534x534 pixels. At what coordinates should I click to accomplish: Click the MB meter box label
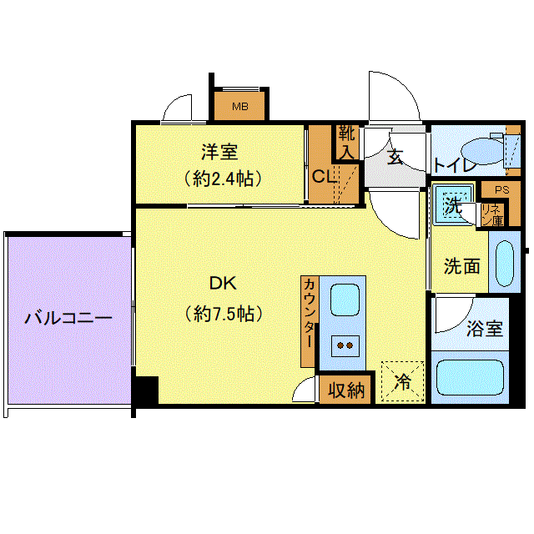click(x=240, y=107)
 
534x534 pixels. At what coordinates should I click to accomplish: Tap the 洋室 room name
click(x=219, y=152)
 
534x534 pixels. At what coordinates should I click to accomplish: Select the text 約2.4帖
click(x=223, y=179)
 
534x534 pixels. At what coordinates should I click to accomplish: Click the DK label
click(x=223, y=283)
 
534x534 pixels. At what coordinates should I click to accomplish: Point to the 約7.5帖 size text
click(x=224, y=314)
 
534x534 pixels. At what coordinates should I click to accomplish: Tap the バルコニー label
click(x=68, y=318)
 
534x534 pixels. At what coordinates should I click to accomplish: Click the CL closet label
click(x=324, y=176)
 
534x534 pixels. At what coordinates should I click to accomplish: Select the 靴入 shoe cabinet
click(x=347, y=143)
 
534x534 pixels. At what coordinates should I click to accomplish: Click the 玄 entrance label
click(x=395, y=158)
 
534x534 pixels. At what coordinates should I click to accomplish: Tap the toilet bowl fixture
click(x=482, y=151)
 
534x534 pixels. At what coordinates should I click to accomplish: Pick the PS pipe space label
click(x=502, y=189)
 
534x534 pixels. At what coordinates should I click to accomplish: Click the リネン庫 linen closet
click(x=492, y=215)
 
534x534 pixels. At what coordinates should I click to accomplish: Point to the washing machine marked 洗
click(x=453, y=205)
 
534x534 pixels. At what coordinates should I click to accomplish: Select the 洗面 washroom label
click(x=461, y=266)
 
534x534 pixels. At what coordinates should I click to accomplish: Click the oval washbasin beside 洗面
click(x=504, y=264)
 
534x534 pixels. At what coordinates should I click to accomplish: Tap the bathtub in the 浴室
click(x=470, y=377)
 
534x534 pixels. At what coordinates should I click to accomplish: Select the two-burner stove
click(x=345, y=345)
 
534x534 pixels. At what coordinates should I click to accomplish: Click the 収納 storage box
click(x=345, y=390)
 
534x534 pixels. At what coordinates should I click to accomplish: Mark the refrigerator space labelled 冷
click(x=402, y=381)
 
